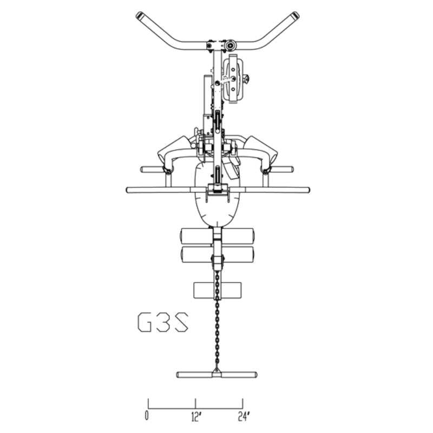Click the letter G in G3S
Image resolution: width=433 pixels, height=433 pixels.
(145, 322)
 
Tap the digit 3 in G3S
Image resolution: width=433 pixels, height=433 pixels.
(163, 322)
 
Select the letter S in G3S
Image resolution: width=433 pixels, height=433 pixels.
(181, 322)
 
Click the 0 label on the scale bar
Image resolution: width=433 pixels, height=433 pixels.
(147, 416)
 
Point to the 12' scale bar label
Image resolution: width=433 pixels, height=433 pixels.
(195, 416)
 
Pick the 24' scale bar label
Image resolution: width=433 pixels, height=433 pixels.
(244, 416)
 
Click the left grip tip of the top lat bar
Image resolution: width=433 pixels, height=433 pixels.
(139, 15)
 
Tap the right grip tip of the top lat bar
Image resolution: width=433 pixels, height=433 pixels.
(296, 15)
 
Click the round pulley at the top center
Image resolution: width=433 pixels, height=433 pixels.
(229, 45)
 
